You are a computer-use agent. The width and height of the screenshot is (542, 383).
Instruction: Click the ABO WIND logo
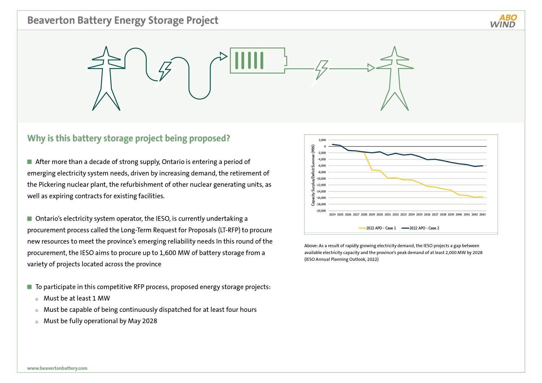click(503, 21)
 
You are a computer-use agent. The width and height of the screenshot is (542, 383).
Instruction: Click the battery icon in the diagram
click(258, 60)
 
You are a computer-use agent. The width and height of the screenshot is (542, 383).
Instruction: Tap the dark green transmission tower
click(106, 78)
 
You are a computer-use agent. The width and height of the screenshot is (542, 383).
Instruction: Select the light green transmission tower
click(395, 78)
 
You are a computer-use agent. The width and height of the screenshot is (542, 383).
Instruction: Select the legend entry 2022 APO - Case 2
click(420, 228)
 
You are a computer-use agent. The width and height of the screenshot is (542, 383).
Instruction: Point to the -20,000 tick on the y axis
click(321, 211)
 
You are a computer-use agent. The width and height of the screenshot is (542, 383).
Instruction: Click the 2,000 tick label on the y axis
click(322, 140)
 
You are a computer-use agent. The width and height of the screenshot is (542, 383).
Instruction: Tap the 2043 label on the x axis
click(482, 215)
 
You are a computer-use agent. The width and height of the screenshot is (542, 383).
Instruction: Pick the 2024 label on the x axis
click(332, 215)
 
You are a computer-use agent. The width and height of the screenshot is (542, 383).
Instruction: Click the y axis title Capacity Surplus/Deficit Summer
click(313, 175)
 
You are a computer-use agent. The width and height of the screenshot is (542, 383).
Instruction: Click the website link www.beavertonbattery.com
click(57, 368)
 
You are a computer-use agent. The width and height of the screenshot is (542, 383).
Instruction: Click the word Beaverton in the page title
click(51, 20)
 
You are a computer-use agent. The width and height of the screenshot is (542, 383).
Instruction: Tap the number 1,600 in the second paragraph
click(167, 253)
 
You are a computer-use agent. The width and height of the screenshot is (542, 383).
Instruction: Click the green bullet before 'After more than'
click(30, 162)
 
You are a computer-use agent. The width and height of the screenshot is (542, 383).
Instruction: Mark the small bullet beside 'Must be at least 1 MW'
click(37, 299)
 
